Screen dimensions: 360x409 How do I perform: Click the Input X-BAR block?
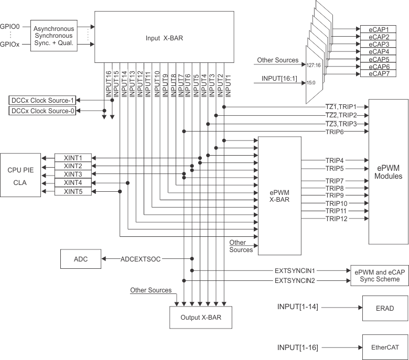pos(163,38)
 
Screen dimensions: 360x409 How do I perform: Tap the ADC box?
pos(81,259)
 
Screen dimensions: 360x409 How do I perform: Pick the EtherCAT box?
pos(385,347)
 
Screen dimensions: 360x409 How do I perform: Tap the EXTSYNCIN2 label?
pos(295,281)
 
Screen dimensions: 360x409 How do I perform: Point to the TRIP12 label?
pos(336,219)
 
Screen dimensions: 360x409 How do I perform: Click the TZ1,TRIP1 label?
pos(341,106)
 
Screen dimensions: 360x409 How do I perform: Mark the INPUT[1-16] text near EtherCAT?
pos(297,347)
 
